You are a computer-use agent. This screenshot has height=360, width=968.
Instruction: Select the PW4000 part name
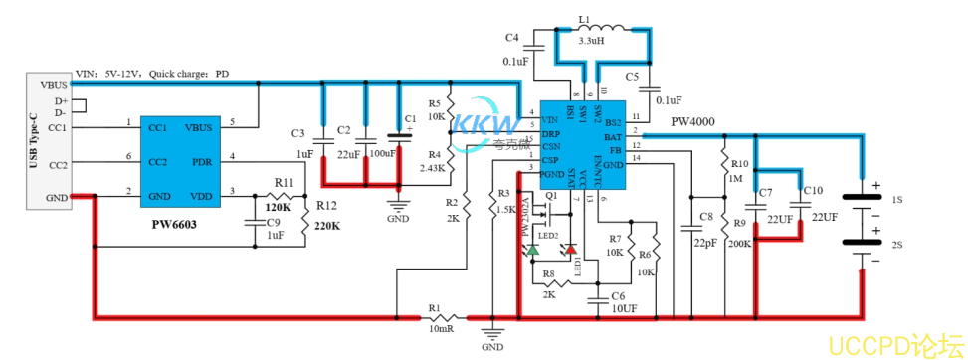(693, 121)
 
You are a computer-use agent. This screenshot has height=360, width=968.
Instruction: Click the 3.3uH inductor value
(590, 43)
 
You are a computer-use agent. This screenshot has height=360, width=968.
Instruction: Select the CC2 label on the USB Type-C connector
(57, 164)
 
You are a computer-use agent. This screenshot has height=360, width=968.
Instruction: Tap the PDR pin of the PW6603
(201, 161)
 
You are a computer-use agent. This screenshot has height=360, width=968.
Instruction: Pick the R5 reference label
(434, 103)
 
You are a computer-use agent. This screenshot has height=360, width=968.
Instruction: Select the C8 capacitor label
(705, 216)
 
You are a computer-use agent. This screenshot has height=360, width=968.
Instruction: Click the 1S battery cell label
(897, 201)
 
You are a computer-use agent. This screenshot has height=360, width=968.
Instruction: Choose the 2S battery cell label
(897, 245)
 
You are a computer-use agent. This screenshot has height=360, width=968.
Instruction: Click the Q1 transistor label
(549, 197)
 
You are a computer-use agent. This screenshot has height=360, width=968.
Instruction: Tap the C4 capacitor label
(511, 38)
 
